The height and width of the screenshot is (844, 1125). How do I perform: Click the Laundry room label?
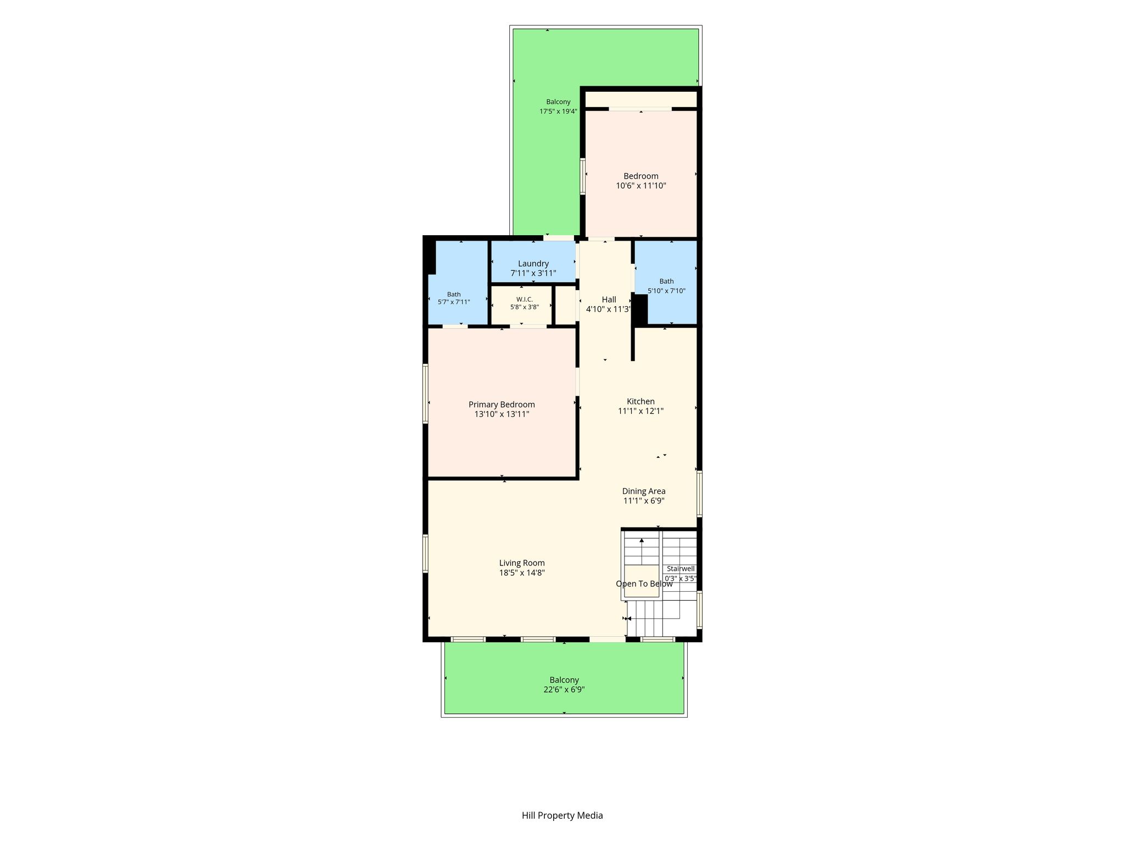click(x=533, y=264)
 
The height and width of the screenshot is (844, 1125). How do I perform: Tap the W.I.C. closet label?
click(x=525, y=299)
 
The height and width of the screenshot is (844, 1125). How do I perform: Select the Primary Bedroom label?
click(x=502, y=404)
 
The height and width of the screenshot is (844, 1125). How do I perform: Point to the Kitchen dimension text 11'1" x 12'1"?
click(x=641, y=411)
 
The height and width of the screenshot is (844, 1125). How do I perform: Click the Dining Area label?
click(x=644, y=491)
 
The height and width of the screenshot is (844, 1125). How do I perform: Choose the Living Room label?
click(x=522, y=563)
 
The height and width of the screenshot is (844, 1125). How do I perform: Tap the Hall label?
click(x=609, y=299)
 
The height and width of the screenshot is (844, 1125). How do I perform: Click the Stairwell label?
click(x=681, y=569)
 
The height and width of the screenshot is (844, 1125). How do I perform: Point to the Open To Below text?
click(x=644, y=584)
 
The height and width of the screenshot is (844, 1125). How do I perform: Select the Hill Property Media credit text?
click(x=562, y=815)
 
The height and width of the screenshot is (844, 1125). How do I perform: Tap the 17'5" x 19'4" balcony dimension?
click(x=558, y=112)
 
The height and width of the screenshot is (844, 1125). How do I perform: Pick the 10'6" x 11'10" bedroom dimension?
click(x=641, y=186)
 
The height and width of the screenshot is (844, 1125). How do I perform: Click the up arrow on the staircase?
click(x=642, y=551)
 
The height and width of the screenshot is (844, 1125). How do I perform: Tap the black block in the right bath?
click(x=641, y=309)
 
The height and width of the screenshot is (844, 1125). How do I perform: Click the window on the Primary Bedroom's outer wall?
click(x=425, y=393)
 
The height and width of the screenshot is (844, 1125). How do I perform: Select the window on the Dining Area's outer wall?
click(x=699, y=493)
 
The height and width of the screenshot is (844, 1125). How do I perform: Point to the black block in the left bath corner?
click(x=431, y=257)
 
